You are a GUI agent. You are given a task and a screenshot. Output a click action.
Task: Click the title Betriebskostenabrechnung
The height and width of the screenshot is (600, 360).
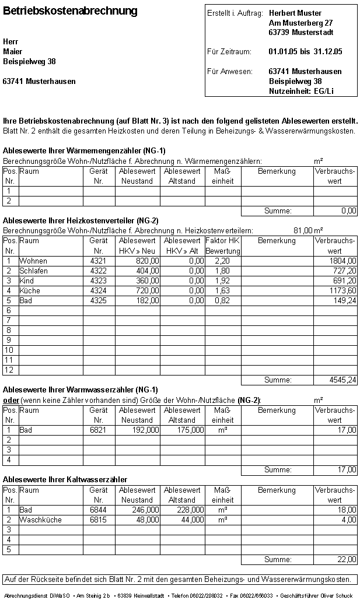[x=71, y=11]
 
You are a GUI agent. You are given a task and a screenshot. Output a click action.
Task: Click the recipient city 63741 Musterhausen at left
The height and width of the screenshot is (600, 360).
[x=39, y=82]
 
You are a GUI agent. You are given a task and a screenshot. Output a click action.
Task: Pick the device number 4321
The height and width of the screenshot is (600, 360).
[x=98, y=261]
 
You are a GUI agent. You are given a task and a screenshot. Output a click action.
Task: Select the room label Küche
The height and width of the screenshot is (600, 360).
[x=30, y=290]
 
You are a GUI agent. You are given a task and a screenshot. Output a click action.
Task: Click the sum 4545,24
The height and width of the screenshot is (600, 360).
[x=342, y=380]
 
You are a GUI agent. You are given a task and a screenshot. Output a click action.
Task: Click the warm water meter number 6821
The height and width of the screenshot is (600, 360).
[x=98, y=430]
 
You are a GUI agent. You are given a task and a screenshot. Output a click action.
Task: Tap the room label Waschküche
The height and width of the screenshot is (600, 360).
[x=40, y=520]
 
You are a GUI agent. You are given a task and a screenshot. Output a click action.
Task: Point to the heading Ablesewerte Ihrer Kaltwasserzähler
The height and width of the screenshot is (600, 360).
[x=65, y=479]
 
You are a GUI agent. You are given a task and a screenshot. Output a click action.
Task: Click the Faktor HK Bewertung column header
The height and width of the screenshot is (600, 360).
[x=222, y=245]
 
